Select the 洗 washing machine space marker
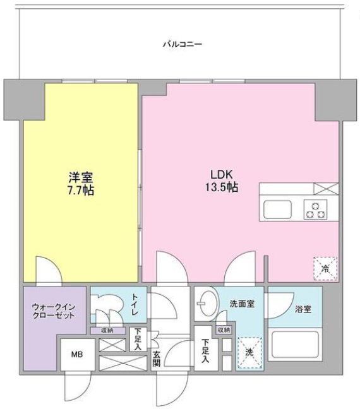point(249,352)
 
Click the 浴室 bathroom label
point(303,309)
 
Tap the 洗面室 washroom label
point(242,304)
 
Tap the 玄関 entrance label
point(156,360)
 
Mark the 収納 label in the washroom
point(224,330)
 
